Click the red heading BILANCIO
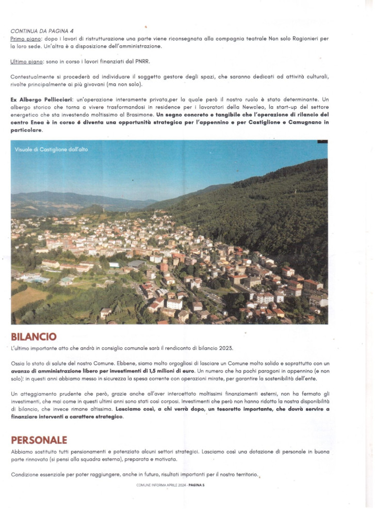[x=34, y=337]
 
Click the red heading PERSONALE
[x=39, y=440]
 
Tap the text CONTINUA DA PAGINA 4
[x=42, y=31]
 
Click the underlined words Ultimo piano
[x=27, y=62]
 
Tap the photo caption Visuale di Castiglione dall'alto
[x=52, y=149]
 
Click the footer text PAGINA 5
[x=197, y=486]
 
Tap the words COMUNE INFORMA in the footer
[x=151, y=486]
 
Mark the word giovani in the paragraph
[x=109, y=85]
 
